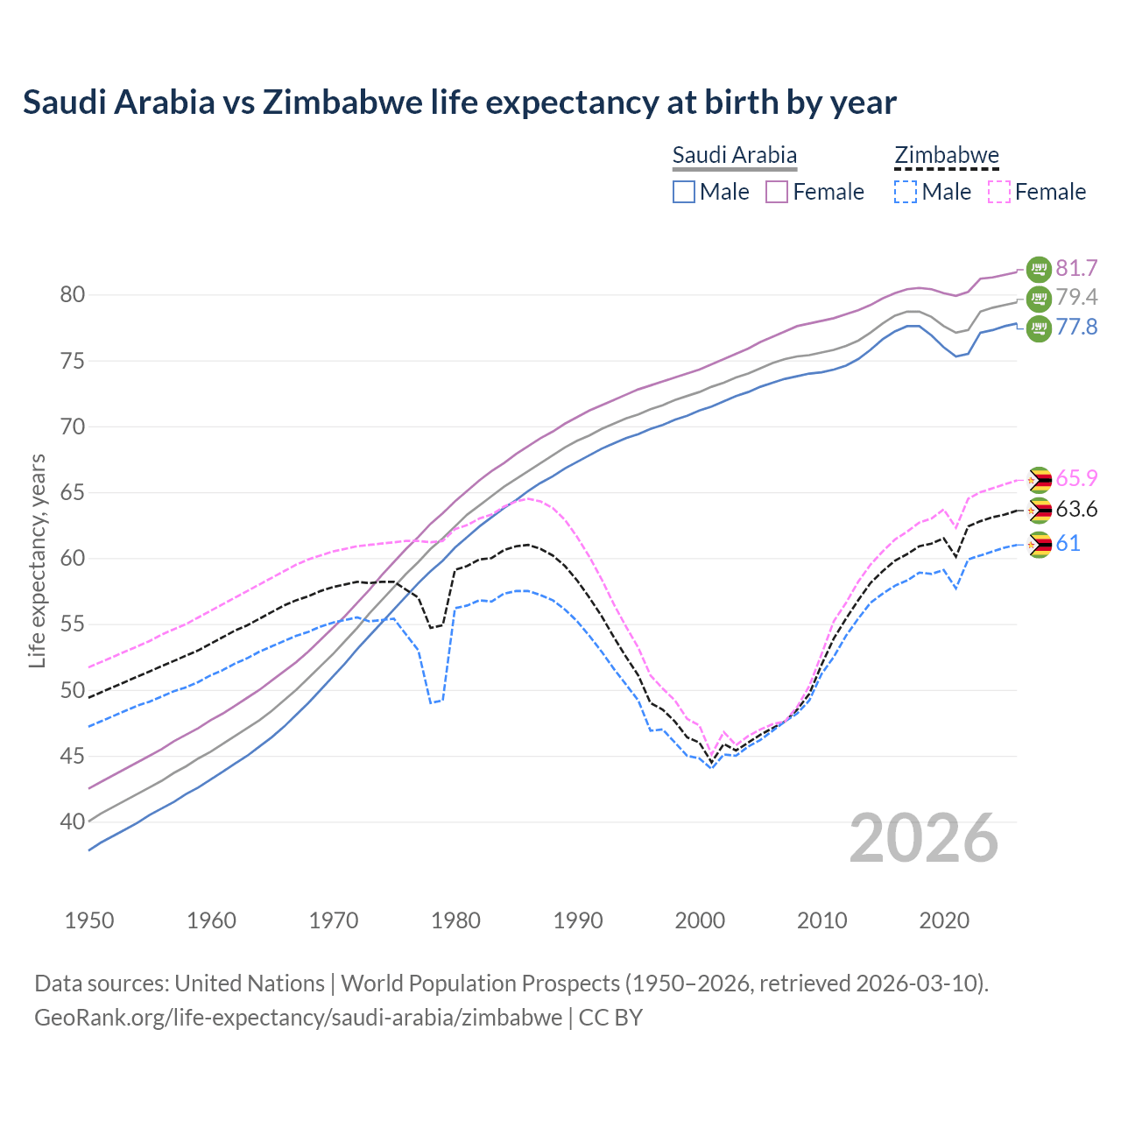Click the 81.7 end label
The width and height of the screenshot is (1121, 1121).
pyautogui.click(x=1076, y=268)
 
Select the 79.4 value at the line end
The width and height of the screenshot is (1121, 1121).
pyautogui.click(x=1076, y=297)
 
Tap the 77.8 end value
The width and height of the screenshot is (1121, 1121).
pyautogui.click(x=1076, y=328)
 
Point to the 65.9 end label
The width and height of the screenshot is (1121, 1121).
pyautogui.click(x=1076, y=478)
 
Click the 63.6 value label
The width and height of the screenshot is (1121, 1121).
pyautogui.click(x=1076, y=510)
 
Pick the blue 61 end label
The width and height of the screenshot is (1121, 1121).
pyautogui.click(x=1068, y=544)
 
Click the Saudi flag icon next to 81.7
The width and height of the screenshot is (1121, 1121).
pyautogui.click(x=1039, y=268)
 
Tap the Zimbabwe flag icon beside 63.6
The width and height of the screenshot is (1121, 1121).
pyautogui.click(x=1039, y=511)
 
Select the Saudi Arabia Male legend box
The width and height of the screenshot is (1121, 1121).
pyautogui.click(x=684, y=192)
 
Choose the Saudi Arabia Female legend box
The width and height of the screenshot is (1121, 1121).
pyautogui.click(x=777, y=192)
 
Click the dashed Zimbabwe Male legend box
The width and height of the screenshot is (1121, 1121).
pyautogui.click(x=906, y=192)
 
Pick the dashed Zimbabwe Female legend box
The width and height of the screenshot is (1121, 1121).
pyautogui.click(x=999, y=192)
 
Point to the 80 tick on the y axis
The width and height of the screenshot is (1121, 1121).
pyautogui.click(x=73, y=295)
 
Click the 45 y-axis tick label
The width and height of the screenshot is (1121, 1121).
pyautogui.click(x=73, y=756)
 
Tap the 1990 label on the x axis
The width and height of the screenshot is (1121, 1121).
pyautogui.click(x=578, y=920)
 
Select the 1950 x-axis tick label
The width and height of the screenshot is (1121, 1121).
pyautogui.click(x=89, y=920)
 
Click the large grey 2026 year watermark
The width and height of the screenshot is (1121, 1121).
pyautogui.click(x=924, y=838)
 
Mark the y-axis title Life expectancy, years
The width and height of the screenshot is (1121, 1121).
pyautogui.click(x=38, y=560)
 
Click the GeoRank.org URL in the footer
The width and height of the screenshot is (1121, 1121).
pyautogui.click(x=298, y=1018)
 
